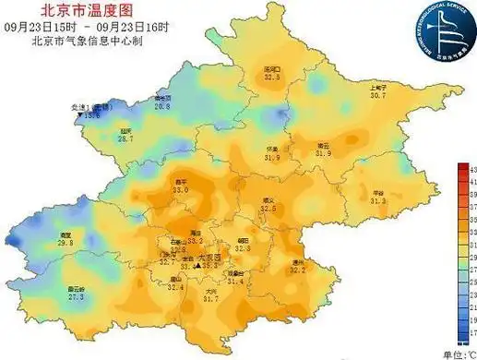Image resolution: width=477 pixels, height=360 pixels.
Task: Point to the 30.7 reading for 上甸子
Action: point(377,95)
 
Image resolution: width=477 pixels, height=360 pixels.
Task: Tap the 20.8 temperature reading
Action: point(162,107)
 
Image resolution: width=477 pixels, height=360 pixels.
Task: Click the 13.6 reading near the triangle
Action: point(92,116)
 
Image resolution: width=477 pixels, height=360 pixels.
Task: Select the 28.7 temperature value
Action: point(125,138)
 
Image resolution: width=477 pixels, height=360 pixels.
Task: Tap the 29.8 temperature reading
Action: point(66,242)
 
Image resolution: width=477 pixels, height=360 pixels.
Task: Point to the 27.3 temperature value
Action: point(76,297)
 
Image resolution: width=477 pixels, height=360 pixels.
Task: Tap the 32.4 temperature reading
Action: point(175,287)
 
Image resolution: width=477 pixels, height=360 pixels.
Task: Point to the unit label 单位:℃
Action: point(458,354)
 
